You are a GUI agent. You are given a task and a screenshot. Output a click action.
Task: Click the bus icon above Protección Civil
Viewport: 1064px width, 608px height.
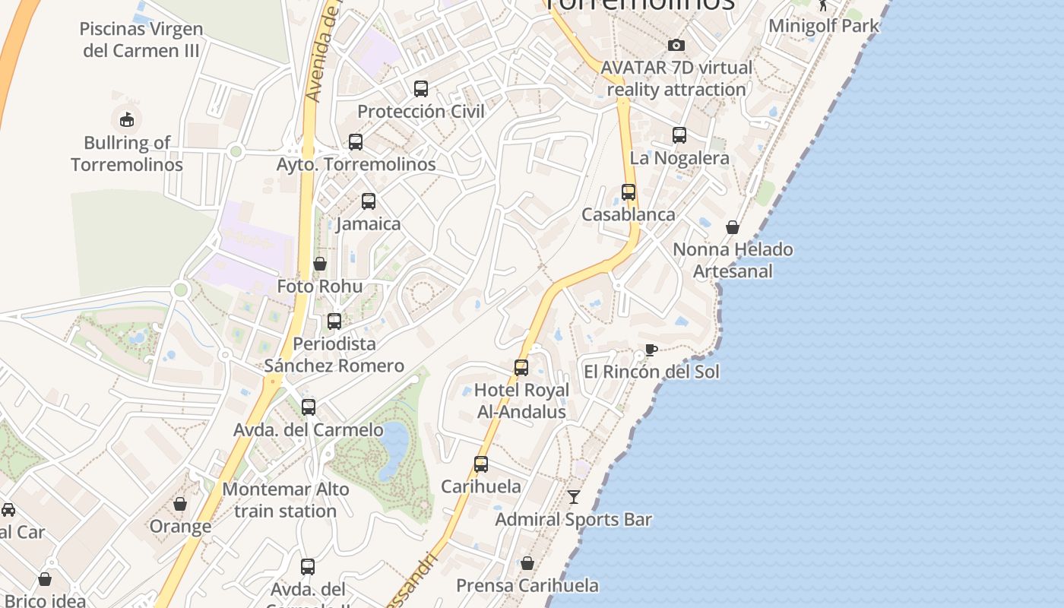[x=421, y=89]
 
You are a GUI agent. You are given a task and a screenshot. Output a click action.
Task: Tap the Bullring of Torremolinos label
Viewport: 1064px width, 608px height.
[x=127, y=154]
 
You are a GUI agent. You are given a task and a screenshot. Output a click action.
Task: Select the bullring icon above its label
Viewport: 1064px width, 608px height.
[x=126, y=119]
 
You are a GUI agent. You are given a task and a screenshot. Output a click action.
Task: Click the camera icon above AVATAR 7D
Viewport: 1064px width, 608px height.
[x=676, y=46]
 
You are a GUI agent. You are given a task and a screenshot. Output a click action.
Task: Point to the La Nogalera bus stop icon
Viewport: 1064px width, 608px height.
[x=679, y=135]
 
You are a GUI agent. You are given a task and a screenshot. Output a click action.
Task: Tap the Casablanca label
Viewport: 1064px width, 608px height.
[x=629, y=214]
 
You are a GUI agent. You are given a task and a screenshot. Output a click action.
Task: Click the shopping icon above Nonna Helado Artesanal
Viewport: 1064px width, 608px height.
[x=733, y=227]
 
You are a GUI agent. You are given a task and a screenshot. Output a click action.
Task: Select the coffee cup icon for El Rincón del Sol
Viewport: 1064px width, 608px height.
[x=651, y=350]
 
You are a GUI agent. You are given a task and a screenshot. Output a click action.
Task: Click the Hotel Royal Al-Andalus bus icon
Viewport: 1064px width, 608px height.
[x=521, y=368]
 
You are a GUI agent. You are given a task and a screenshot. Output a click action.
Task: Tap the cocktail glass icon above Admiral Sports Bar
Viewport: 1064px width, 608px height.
[x=574, y=497]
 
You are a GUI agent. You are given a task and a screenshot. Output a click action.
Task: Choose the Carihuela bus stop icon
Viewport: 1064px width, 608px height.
[x=481, y=464]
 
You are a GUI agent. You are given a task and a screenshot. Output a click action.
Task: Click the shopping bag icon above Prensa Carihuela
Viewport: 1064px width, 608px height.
[x=527, y=563]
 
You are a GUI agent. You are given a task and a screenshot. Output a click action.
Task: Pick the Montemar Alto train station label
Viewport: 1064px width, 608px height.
[x=286, y=500]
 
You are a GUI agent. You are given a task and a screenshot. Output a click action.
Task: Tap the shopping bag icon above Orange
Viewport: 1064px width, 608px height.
[x=180, y=504]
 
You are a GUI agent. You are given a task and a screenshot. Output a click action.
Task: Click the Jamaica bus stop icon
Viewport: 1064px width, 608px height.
[x=369, y=201]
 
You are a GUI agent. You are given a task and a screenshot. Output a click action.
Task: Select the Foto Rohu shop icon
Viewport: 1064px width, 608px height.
[x=320, y=264]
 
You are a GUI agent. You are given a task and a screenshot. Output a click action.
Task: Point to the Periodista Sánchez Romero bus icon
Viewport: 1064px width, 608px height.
[x=334, y=321]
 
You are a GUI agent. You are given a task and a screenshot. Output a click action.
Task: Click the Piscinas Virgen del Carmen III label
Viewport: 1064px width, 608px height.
[x=141, y=40]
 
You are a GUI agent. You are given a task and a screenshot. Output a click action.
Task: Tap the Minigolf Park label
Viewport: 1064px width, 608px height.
[x=824, y=25]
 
